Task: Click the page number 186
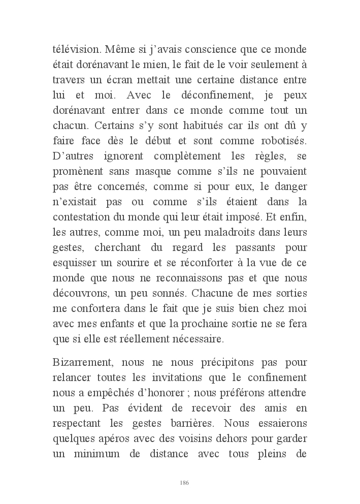184,482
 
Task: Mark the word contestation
80,216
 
